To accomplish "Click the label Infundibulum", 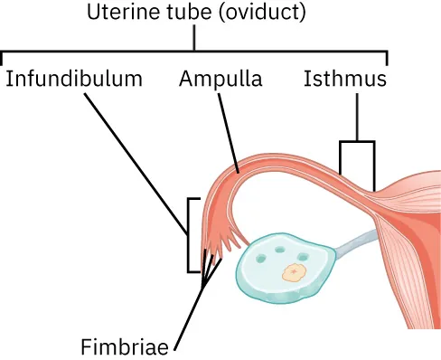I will click(x=74, y=79).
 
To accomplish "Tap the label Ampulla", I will click(x=220, y=79).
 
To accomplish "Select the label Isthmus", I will click(x=344, y=79).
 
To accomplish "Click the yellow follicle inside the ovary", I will click(x=292, y=272).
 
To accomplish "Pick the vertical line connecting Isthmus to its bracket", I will click(x=356, y=116).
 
